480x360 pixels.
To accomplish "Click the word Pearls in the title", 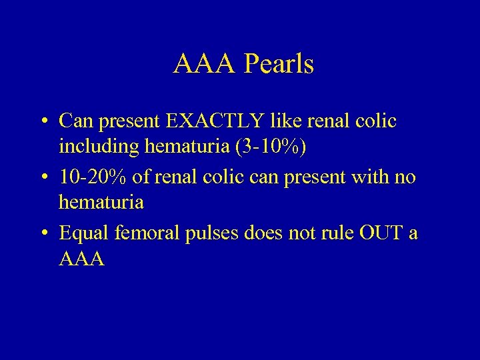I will (279, 65).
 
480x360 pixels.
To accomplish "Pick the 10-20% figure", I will (89, 177).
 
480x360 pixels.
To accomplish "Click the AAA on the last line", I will (82, 258).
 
